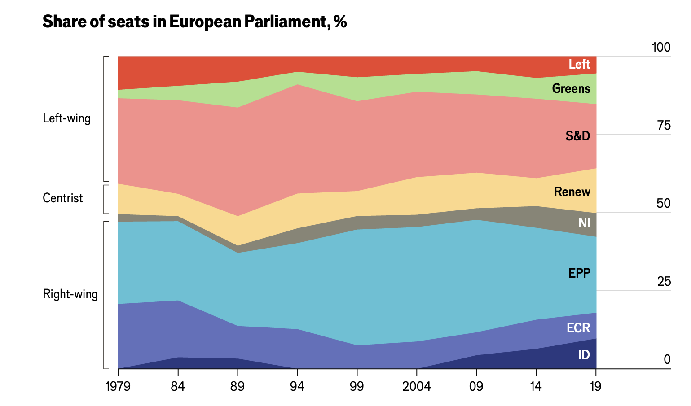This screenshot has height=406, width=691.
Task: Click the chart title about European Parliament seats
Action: (x=194, y=22)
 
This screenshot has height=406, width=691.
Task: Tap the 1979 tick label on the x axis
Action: (x=118, y=386)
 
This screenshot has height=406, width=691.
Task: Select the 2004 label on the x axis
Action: (x=417, y=386)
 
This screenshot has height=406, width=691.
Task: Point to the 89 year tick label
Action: (x=238, y=386)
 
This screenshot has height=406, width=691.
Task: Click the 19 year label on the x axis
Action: (x=595, y=386)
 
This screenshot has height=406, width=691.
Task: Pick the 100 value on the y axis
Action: (x=661, y=48)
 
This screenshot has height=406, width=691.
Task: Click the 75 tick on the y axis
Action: (x=664, y=126)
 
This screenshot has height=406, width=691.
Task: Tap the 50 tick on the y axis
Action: (x=664, y=204)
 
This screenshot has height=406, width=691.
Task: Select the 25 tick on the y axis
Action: (x=664, y=282)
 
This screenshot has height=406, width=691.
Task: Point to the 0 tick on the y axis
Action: (x=667, y=360)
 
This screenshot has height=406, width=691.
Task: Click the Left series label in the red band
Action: (x=579, y=65)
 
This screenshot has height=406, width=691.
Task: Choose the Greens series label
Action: (x=571, y=88)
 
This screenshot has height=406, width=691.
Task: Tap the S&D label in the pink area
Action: (x=577, y=136)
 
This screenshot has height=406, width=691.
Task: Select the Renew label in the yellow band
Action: (x=572, y=192)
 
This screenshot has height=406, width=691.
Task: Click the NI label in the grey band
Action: (x=584, y=223)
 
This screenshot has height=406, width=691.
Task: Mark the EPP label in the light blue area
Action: (x=579, y=273)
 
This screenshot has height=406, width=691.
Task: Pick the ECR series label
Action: (x=578, y=328)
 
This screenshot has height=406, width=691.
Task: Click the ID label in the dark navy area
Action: (x=583, y=355)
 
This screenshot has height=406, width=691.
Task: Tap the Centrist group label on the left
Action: (x=63, y=198)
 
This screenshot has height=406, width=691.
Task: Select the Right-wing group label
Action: (x=70, y=294)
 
